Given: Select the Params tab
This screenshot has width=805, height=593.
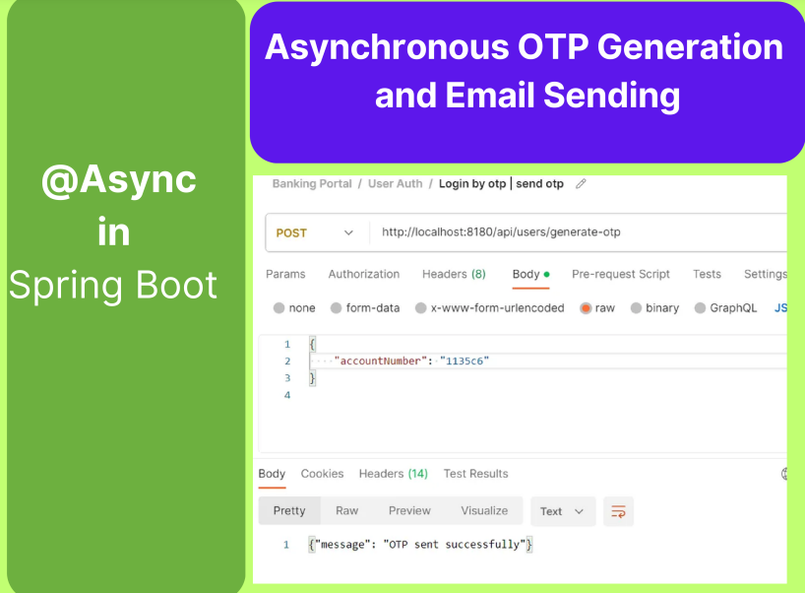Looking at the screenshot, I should (x=285, y=274).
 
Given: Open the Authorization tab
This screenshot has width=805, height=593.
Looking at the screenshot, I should (x=364, y=274).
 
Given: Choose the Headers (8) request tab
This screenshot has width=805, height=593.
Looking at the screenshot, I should (x=454, y=274).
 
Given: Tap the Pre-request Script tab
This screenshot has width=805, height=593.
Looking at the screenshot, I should (x=621, y=274).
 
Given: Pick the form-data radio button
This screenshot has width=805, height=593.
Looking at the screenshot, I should (x=337, y=308).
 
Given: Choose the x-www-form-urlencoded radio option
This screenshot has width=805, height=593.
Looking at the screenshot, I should (x=421, y=308).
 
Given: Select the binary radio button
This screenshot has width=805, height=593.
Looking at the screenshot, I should (x=636, y=308).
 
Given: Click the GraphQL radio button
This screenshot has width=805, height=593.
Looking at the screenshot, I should (x=701, y=308).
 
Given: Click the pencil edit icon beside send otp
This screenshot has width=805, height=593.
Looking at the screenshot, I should (x=581, y=184).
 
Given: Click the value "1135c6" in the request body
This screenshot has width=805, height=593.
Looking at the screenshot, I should (x=464, y=362).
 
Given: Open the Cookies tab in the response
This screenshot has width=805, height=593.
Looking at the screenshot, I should (x=322, y=474).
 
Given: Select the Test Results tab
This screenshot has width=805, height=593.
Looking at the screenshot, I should (x=475, y=474).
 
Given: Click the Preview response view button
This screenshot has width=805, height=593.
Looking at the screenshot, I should (x=409, y=511).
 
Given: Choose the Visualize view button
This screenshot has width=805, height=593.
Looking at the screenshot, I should (x=484, y=511).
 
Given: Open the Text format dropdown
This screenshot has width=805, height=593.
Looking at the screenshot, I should (x=563, y=511).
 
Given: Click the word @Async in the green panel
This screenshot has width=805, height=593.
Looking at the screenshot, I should (x=119, y=180).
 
